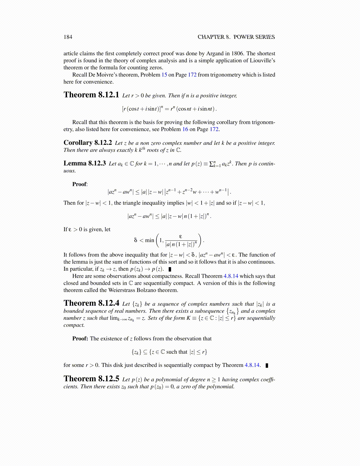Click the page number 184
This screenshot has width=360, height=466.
point(68,37)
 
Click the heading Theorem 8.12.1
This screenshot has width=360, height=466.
point(91,95)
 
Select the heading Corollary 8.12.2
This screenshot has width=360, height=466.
point(88,143)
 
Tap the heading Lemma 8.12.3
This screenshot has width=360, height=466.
point(84,163)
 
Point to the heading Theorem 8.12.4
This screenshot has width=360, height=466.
point(91,303)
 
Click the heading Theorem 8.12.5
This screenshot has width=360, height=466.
point(91,379)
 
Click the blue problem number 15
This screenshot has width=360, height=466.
point(164,75)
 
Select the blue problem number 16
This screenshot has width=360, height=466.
point(185,129)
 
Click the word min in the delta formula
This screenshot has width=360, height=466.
point(149,240)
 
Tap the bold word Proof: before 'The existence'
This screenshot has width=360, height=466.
point(80,339)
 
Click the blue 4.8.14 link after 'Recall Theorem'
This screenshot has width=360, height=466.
point(231,276)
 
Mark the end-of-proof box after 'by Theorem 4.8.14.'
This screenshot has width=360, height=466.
point(267,365)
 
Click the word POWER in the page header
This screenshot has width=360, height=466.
point(243,37)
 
